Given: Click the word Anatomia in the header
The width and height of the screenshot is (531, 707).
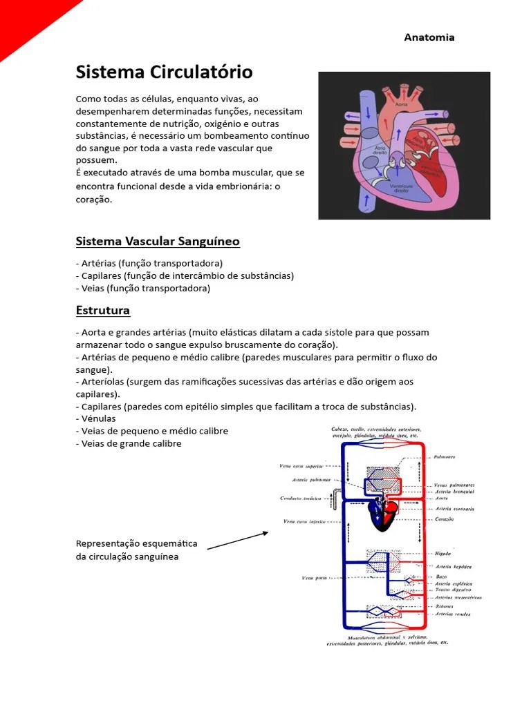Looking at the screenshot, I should click(429, 37).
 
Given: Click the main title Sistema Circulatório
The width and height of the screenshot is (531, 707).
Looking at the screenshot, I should click(164, 72).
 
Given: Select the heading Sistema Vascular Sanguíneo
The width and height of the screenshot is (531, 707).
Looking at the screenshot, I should click(158, 241).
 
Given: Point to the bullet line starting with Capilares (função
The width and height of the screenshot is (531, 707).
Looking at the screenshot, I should click(185, 275).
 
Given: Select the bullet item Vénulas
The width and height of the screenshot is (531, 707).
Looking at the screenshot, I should click(96, 418).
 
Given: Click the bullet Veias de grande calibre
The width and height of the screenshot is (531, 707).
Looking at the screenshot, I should click(129, 443).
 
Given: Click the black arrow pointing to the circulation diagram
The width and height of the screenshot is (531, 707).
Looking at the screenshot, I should click(238, 540).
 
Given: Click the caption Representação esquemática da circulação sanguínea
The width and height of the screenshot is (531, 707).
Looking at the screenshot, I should click(136, 550).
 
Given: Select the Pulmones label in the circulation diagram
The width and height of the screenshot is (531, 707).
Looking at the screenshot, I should click(445, 457).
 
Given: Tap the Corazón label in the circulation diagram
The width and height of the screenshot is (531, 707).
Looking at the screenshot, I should click(445, 519).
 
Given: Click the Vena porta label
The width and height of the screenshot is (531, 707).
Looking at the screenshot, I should click(315, 577).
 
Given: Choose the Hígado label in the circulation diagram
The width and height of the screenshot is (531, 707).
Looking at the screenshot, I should click(443, 554).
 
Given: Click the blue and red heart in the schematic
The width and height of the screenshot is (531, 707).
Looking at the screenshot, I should click(382, 514).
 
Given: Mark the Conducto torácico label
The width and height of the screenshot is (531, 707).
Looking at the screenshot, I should click(303, 498).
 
